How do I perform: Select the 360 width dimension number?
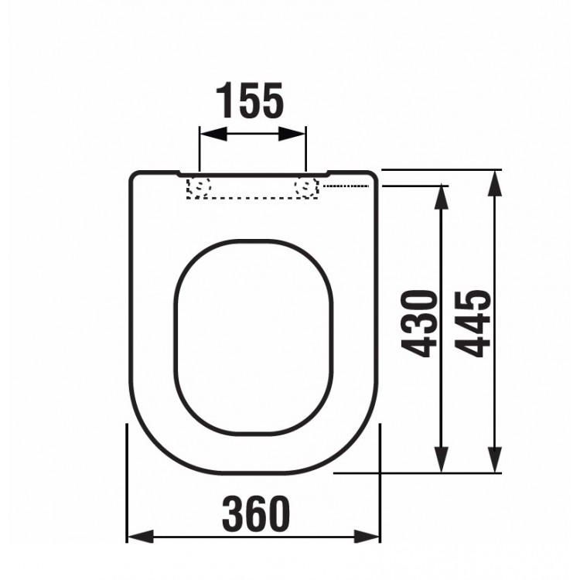point(256,513)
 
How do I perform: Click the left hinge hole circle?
point(201,186)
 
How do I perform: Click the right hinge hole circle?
point(307,186)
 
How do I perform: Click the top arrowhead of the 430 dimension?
point(441,195)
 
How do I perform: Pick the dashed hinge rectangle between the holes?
point(254,187)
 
